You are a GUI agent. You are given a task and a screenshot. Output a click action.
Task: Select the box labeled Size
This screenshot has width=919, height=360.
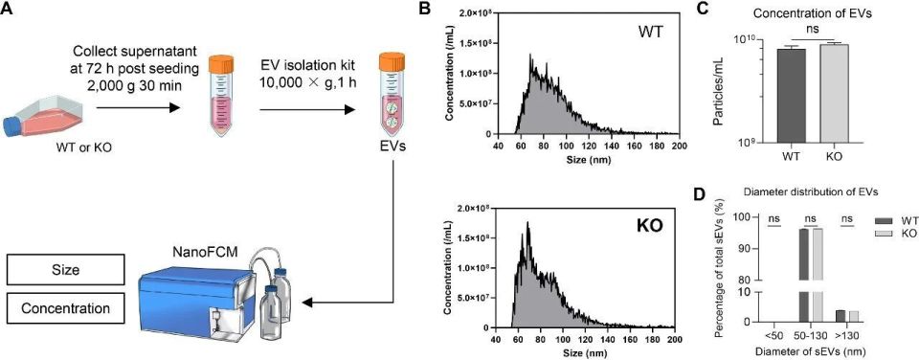(x=67, y=270)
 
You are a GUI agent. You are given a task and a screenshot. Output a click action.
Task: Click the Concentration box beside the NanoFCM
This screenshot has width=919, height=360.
(x=67, y=307)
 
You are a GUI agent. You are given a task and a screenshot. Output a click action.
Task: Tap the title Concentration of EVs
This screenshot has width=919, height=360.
(x=806, y=12)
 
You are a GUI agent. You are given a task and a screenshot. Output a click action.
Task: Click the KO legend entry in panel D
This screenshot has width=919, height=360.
(x=893, y=233)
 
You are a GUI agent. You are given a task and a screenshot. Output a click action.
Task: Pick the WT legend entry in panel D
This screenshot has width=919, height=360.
(x=893, y=221)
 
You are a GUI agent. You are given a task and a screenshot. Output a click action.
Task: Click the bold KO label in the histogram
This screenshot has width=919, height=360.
(x=648, y=225)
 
